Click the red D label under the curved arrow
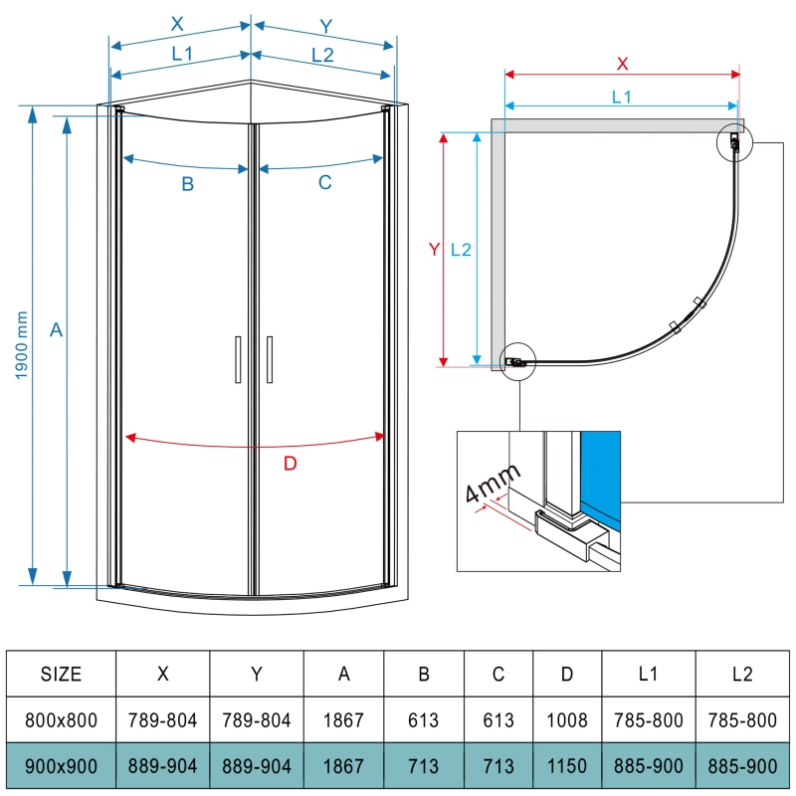point(290,463)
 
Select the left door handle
point(238,359)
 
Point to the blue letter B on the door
point(186,183)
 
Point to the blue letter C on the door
point(324,183)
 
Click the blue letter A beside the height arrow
point(56,329)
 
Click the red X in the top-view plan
point(623,64)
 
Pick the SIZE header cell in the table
point(61,674)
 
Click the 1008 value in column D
point(567,720)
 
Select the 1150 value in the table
point(567,767)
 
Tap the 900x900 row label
point(61,767)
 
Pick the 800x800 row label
point(61,720)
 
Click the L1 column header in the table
point(648,674)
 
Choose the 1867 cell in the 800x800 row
point(344,720)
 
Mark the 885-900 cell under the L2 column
point(741,767)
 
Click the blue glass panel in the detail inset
point(600,473)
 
